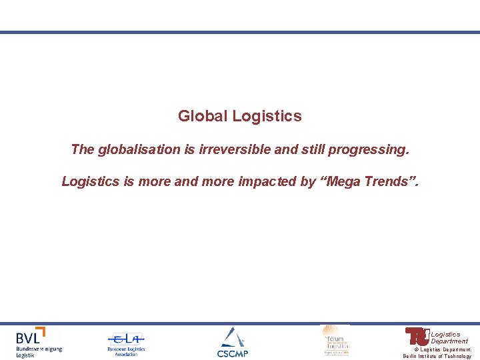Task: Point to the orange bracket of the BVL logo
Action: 41,332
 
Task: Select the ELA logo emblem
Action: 126,338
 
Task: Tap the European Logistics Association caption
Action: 126,351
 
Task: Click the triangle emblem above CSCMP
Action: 232,337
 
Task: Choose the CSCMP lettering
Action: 232,353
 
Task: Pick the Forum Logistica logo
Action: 335,340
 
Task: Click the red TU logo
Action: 417,336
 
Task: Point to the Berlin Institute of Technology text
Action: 437,356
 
